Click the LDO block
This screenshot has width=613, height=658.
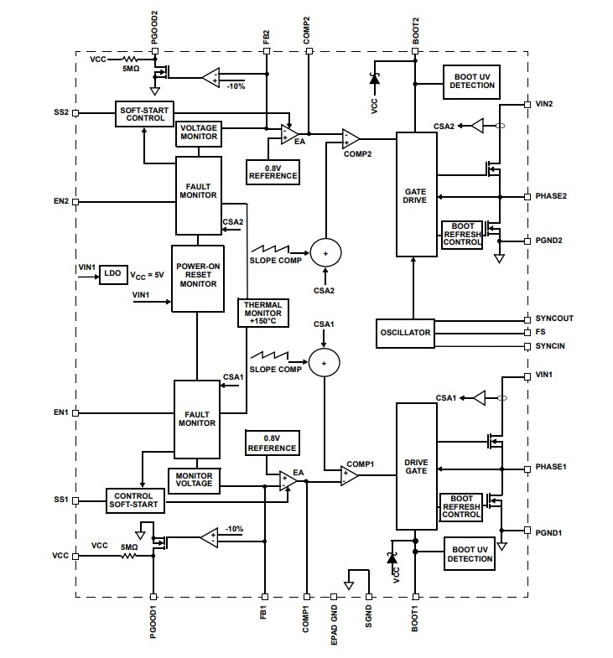112,275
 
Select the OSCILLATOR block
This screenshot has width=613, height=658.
404,333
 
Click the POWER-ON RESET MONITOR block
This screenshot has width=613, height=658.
197,277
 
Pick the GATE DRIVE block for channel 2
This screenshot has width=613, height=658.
415,195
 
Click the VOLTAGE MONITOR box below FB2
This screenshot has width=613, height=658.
199,132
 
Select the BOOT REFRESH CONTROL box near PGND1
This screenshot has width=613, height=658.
461,506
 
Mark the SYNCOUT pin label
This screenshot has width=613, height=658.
555,319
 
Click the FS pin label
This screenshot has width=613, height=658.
541,332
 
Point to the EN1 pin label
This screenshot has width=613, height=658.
60,412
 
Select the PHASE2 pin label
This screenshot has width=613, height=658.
551,196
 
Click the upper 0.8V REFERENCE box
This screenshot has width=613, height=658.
273,171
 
